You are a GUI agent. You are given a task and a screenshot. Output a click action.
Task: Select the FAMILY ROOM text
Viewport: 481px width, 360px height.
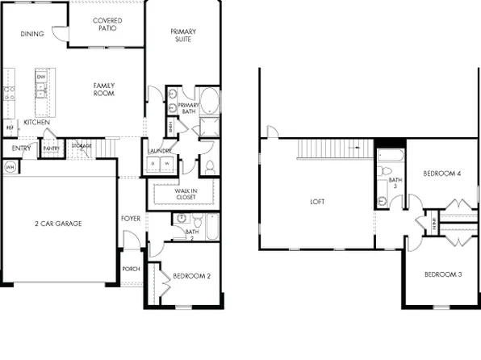click(x=103, y=89)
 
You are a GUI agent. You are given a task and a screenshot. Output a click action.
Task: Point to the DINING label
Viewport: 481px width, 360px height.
click(x=32, y=34)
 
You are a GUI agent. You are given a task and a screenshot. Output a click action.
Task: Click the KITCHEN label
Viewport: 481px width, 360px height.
click(x=37, y=122)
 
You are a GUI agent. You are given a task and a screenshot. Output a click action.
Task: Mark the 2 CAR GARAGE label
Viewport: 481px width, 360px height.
click(x=58, y=224)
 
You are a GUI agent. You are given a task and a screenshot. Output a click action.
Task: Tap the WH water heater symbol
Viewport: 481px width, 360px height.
click(x=10, y=167)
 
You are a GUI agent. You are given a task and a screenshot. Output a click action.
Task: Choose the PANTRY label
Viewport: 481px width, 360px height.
click(x=51, y=149)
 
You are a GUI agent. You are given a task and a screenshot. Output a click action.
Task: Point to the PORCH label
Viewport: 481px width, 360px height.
click(x=132, y=269)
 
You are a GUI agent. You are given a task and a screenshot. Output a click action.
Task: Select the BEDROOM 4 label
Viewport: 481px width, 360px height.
click(x=441, y=174)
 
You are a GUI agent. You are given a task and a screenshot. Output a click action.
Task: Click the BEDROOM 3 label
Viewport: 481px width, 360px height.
click(x=442, y=274)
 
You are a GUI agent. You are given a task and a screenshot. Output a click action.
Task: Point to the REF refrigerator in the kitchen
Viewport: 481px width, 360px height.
click(x=10, y=128)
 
